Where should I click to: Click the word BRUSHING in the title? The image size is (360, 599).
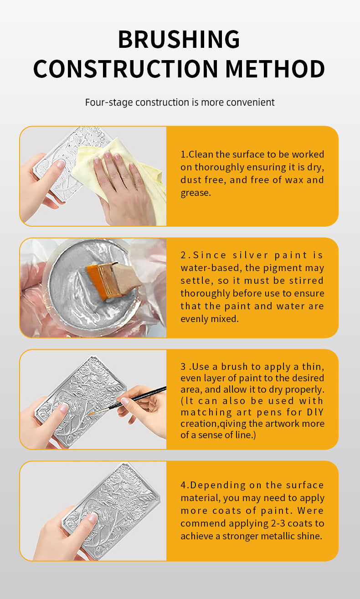point(179,39)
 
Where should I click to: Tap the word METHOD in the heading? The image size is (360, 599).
point(275,69)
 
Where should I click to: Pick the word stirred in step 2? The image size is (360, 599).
point(307,281)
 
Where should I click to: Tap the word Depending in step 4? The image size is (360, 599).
point(218,486)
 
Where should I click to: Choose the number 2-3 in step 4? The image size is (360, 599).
point(278,523)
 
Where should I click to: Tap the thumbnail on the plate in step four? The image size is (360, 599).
point(92,518)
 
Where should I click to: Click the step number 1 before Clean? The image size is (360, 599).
point(183,154)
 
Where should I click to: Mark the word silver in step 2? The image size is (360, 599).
point(250,255)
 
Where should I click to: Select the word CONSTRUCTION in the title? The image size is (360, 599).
point(126,69)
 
